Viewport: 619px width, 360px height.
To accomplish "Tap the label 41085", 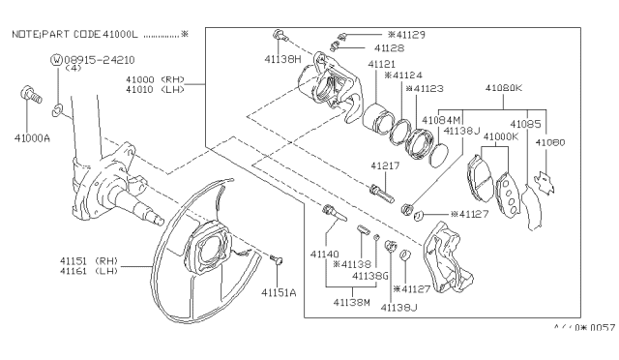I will tap(525, 123).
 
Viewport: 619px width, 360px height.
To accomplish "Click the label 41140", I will tap(325, 253).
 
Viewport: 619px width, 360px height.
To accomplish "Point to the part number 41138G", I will tap(369, 276).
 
